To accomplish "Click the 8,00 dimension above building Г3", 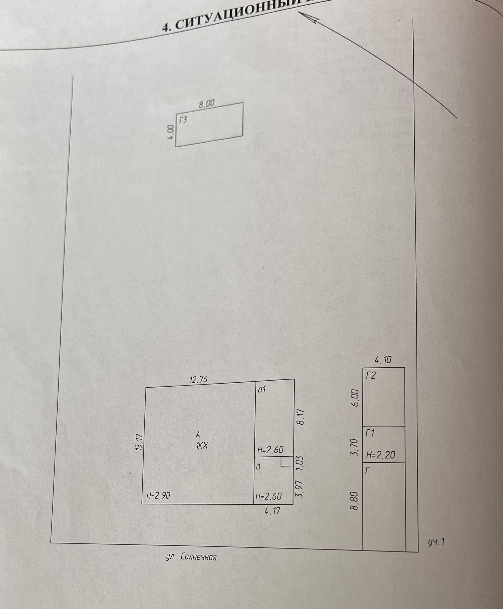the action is click(207, 104).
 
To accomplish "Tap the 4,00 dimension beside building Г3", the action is click(171, 133).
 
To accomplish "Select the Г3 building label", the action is click(183, 120).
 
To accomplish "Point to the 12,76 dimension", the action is click(198, 380).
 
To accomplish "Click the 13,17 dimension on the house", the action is click(139, 442).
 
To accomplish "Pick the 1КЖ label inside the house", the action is click(201, 446).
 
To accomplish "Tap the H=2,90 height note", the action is click(158, 496).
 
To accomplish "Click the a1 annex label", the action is click(262, 389).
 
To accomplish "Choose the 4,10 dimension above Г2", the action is click(383, 361).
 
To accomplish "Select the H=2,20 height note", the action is click(380, 455).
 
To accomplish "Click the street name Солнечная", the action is click(198, 557).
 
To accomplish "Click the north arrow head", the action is click(313, 19).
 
